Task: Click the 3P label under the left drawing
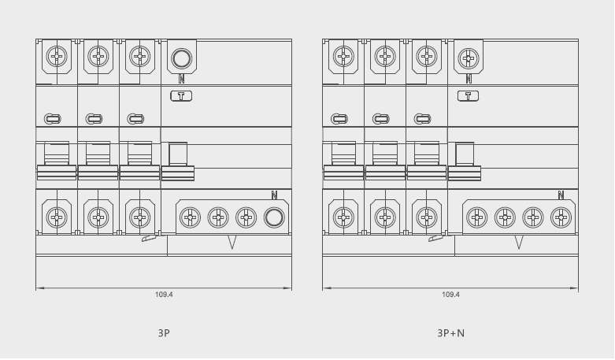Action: [x=164, y=333]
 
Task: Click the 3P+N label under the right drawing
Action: [x=450, y=333]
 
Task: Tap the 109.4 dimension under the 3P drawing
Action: [x=164, y=295]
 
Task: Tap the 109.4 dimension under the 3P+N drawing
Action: [x=450, y=295]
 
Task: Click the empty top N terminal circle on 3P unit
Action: [x=182, y=58]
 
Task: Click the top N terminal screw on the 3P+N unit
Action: [x=469, y=58]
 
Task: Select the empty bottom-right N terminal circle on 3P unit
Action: [x=274, y=217]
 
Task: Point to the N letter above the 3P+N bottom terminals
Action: [x=561, y=195]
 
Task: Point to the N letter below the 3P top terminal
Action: [x=182, y=79]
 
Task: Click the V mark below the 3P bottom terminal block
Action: [x=232, y=243]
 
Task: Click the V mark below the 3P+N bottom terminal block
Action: [x=519, y=243]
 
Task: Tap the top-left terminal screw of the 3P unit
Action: [x=57, y=56]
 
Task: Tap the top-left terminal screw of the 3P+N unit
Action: [x=343, y=56]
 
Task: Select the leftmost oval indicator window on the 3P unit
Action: [x=53, y=119]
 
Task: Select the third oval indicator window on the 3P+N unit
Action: [x=422, y=119]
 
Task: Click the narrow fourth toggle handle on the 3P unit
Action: [x=178, y=161]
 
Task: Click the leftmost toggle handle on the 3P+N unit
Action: [x=343, y=161]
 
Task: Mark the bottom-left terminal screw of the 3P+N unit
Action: [x=343, y=217]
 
